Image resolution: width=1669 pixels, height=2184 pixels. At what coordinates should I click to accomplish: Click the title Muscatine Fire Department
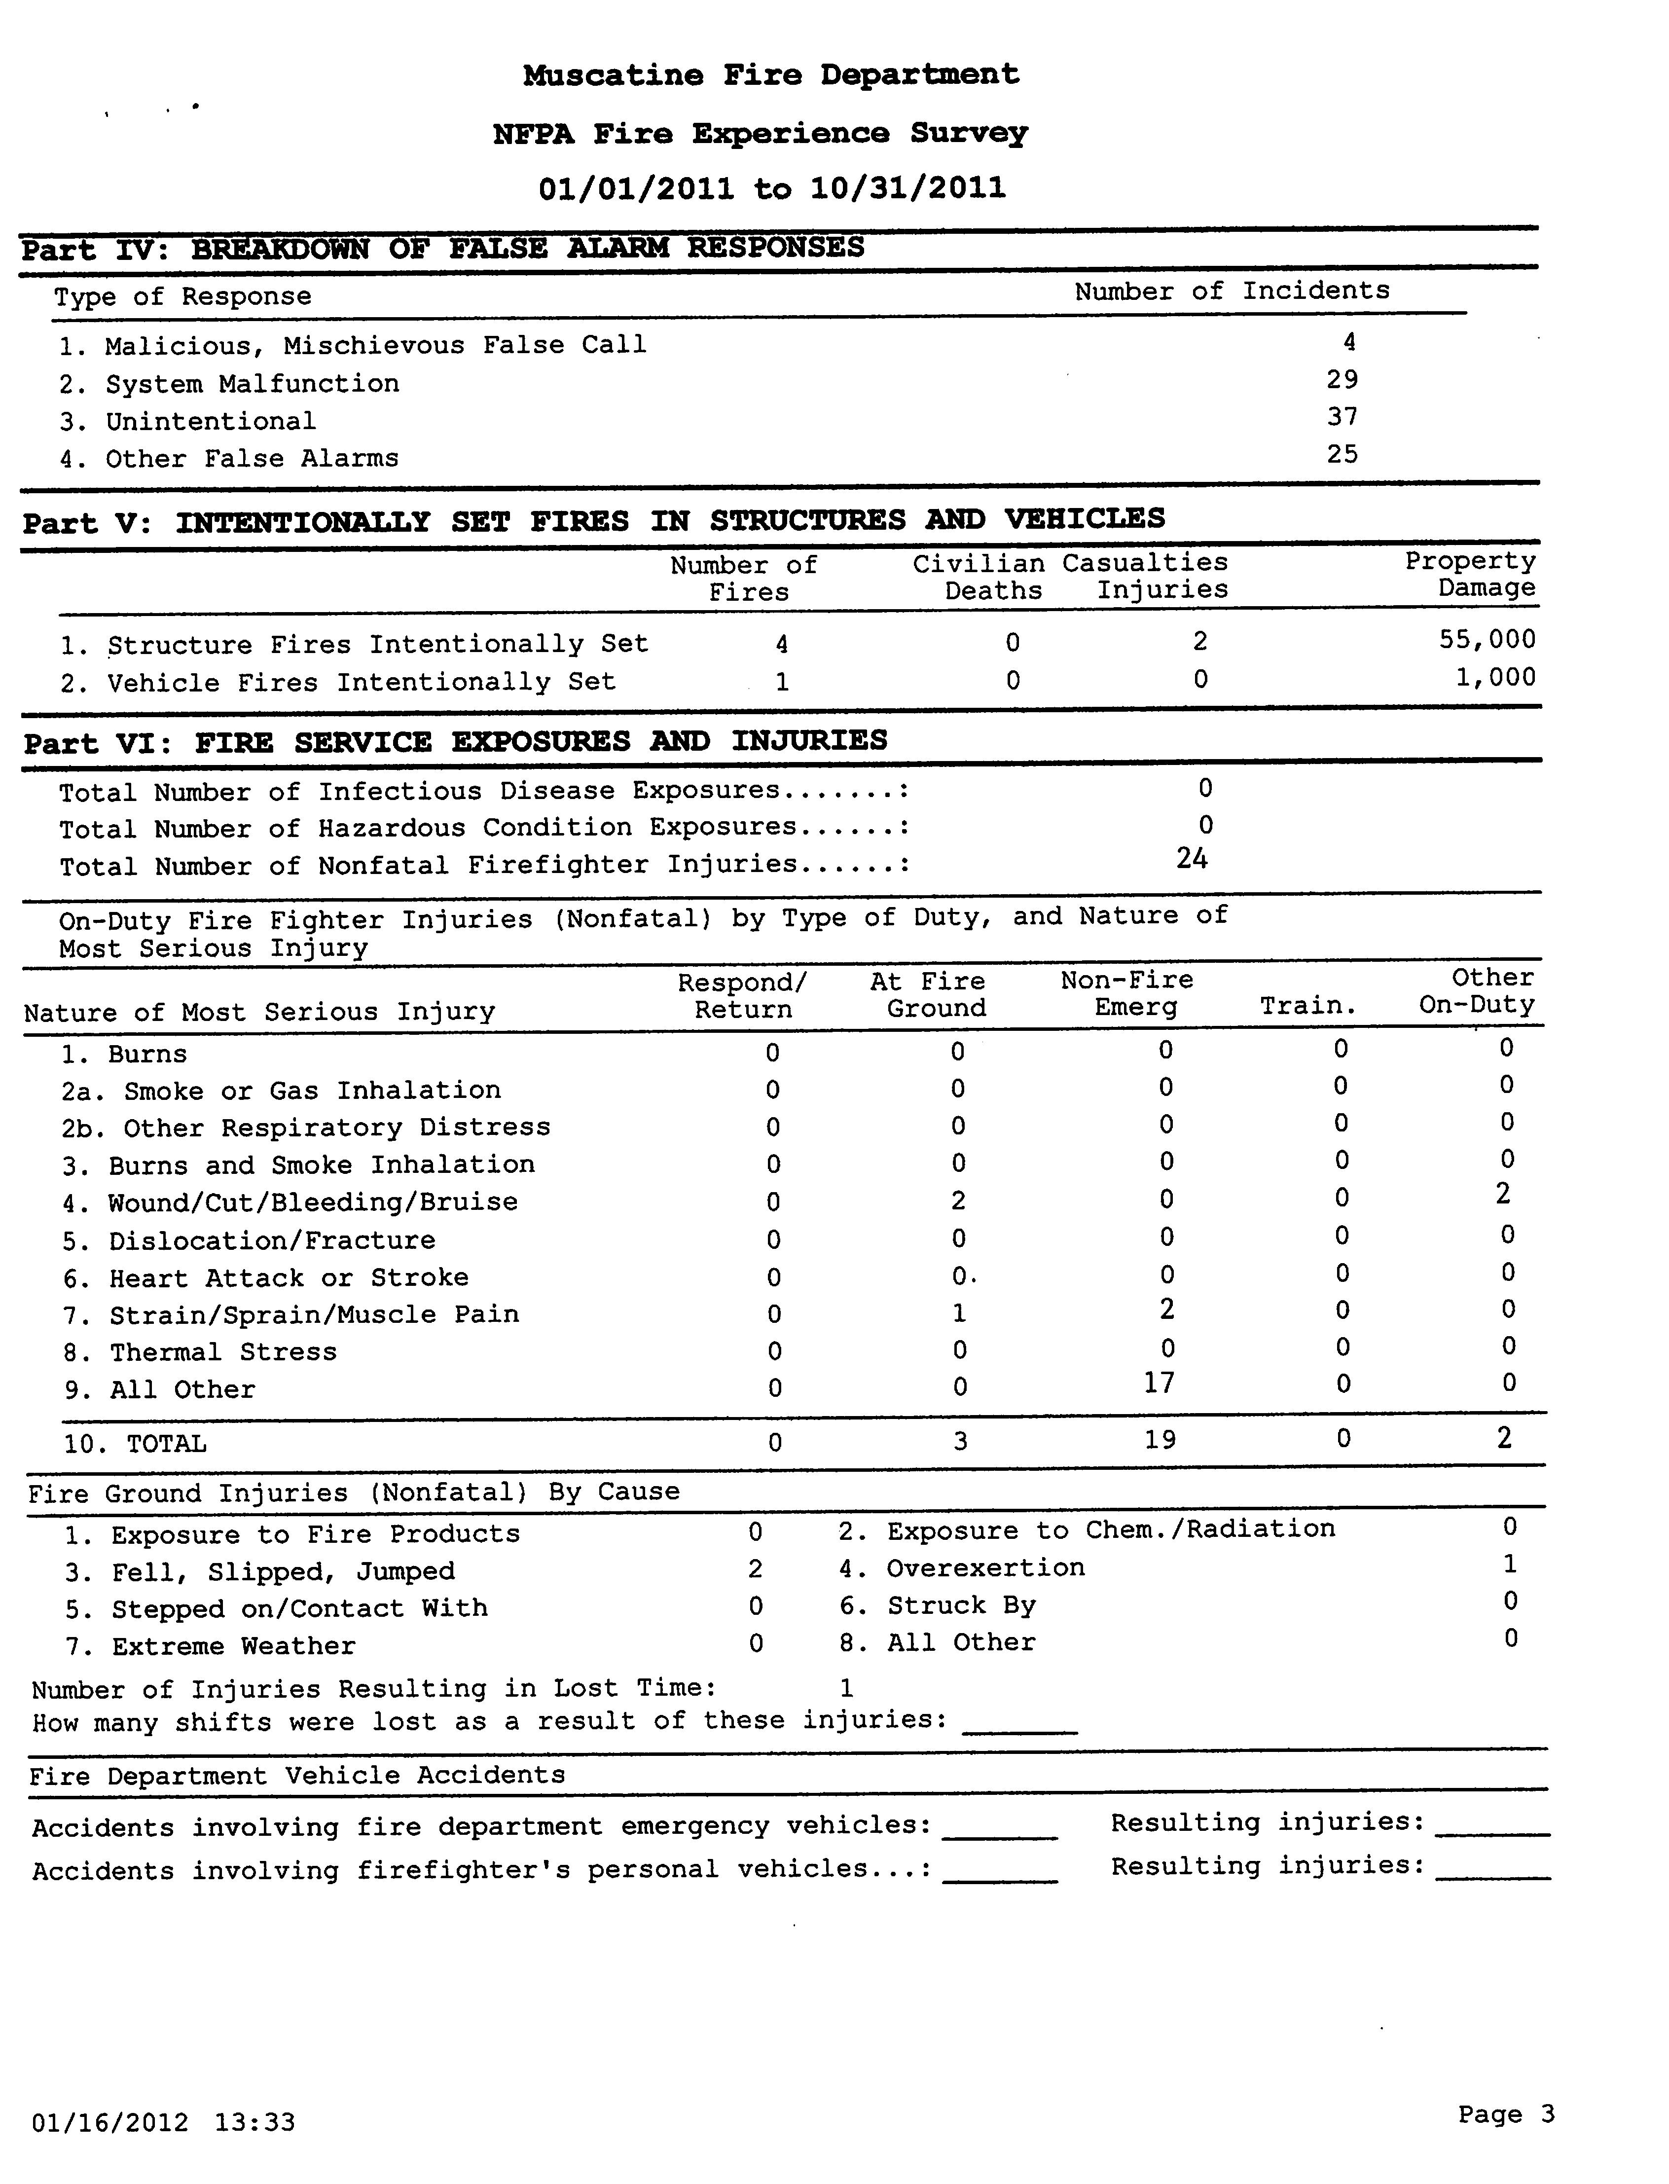[x=771, y=74]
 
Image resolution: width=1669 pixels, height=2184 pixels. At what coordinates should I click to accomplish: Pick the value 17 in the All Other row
[x=1160, y=1383]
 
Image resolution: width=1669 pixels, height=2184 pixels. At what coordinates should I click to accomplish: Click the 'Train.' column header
[x=1308, y=1007]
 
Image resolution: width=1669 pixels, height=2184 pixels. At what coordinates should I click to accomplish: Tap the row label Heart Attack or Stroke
[x=288, y=1278]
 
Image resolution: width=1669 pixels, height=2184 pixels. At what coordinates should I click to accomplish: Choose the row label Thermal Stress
[x=222, y=1352]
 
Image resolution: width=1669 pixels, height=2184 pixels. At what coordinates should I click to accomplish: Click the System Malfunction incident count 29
[x=1342, y=380]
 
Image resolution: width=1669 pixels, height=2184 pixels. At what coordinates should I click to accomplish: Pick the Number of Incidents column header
[x=1232, y=291]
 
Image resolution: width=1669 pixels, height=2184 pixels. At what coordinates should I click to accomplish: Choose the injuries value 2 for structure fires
[x=1200, y=641]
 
